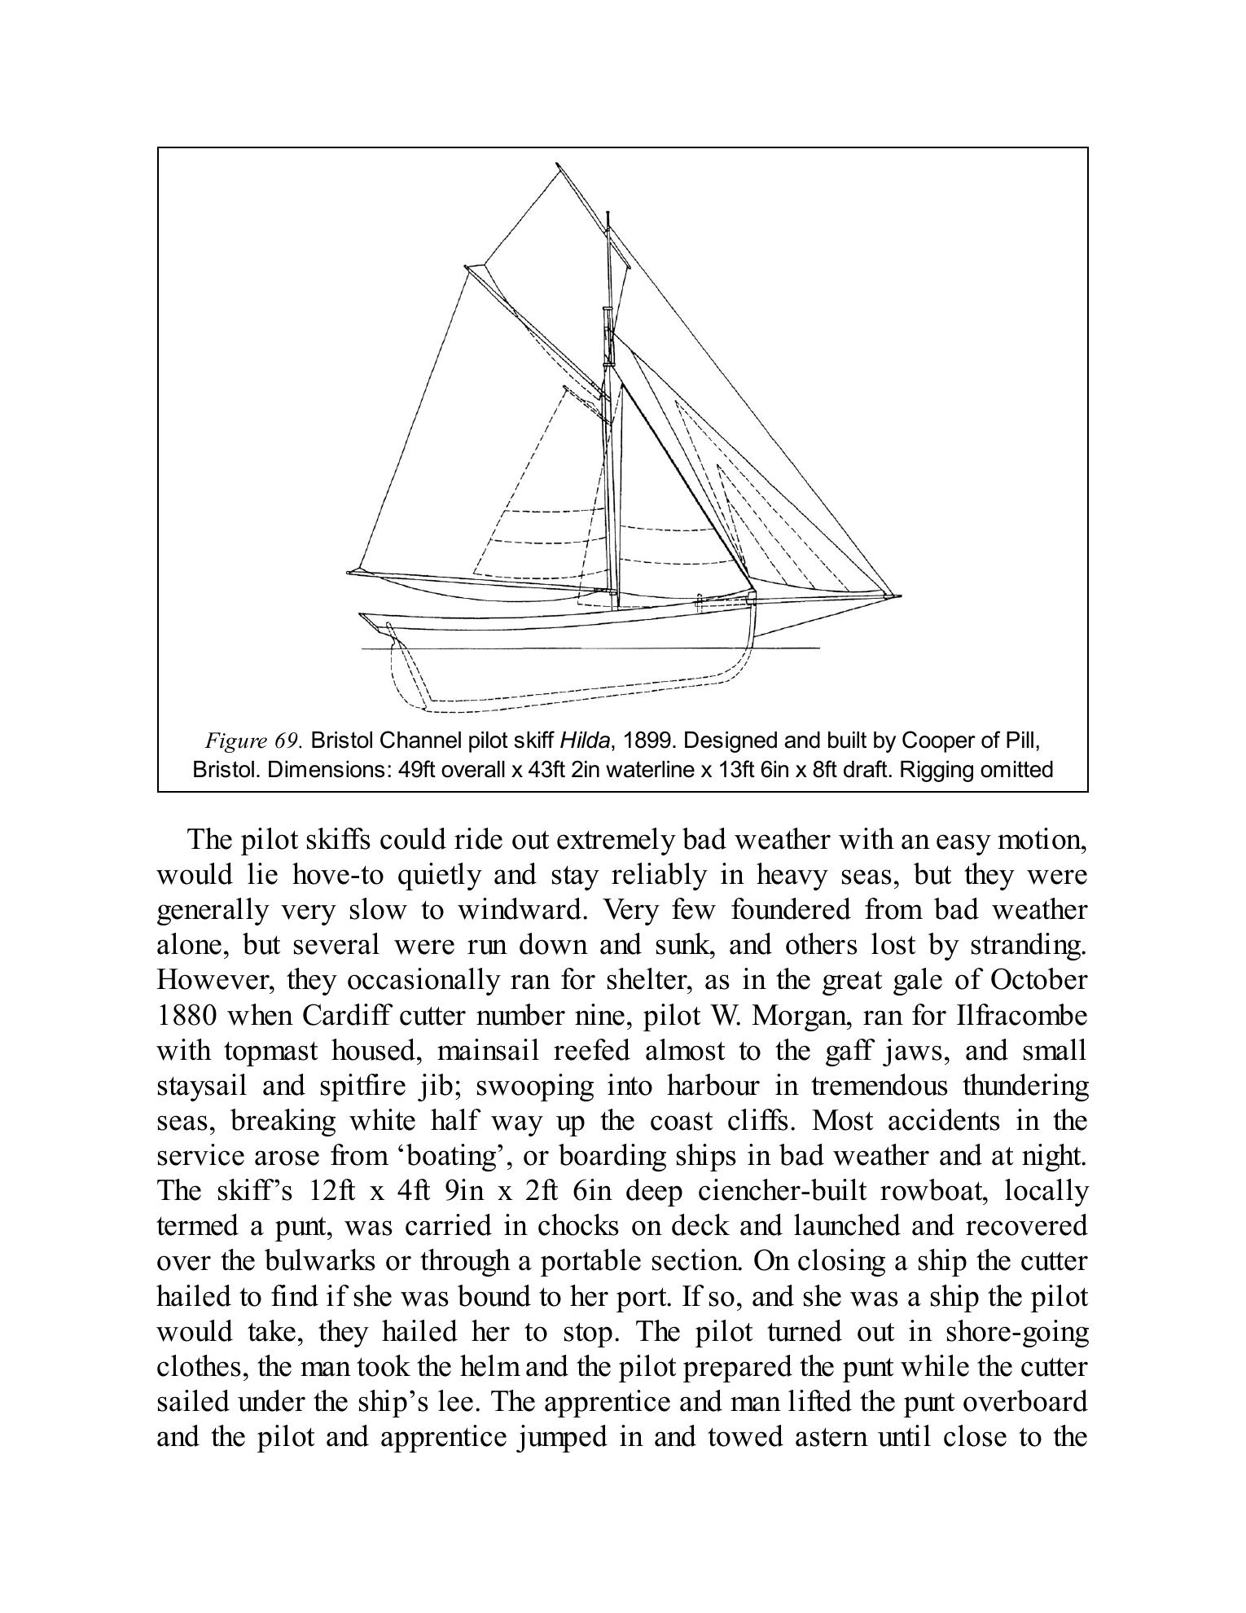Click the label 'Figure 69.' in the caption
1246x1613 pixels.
pos(253,741)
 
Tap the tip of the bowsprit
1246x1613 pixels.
pos(899,596)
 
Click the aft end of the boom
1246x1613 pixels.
pos(351,572)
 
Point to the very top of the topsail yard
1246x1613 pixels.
pos(557,165)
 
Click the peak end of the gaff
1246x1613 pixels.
pos(467,266)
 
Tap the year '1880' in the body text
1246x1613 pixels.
pos(186,1016)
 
